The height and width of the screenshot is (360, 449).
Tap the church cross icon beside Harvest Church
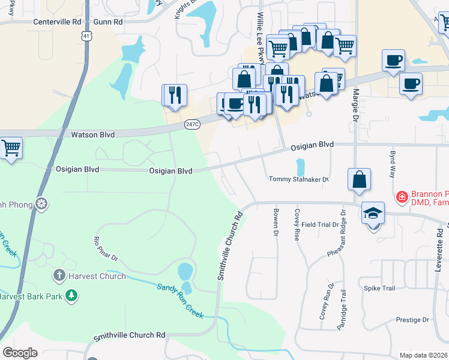click(x=59, y=276)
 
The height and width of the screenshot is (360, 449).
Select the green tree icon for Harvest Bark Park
click(x=71, y=296)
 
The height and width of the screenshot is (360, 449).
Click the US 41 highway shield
click(x=88, y=37)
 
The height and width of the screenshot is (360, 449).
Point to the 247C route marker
click(x=192, y=124)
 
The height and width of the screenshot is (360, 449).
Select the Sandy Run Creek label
click(x=180, y=301)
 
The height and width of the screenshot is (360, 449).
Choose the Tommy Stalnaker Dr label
click(x=298, y=179)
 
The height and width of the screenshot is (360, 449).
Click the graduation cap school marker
click(x=372, y=213)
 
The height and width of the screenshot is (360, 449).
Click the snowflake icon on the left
click(x=41, y=204)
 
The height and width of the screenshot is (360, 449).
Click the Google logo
click(x=20, y=353)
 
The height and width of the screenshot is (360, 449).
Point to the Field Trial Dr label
click(x=321, y=224)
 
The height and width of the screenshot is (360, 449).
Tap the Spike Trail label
click(x=379, y=289)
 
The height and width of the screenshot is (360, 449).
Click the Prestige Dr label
click(x=412, y=320)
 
